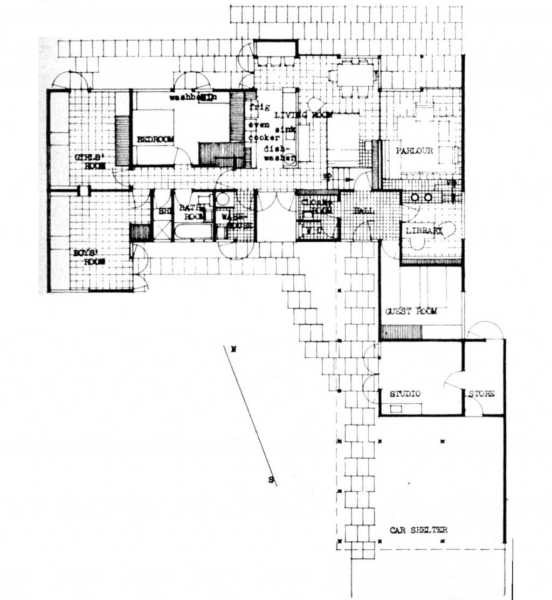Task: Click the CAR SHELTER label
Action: coord(418,530)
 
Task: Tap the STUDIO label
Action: coord(405,394)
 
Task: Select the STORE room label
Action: coord(481,394)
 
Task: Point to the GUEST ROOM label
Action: coord(411,311)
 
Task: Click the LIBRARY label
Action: coord(424,231)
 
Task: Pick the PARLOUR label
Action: coord(415,151)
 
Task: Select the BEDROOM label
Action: coord(155,139)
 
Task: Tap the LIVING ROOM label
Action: coord(302,114)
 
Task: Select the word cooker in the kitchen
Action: coord(257,137)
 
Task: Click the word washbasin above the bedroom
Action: coord(192,98)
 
